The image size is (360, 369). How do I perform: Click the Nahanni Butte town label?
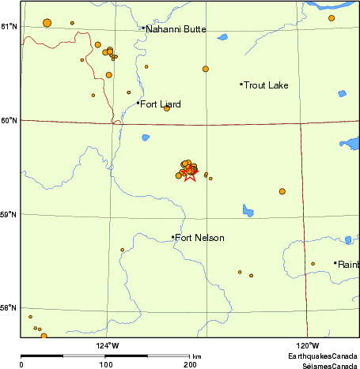point(175,29)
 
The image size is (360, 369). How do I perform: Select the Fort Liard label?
point(160,104)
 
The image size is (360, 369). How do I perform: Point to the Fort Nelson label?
point(199,238)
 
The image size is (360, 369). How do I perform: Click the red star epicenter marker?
point(189,174)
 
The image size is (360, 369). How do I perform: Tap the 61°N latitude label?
point(9,27)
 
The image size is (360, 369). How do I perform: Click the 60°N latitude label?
point(9,120)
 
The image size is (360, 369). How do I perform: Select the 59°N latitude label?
point(9,214)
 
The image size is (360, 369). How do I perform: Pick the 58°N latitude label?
point(9,308)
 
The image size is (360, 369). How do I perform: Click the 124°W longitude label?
point(108,345)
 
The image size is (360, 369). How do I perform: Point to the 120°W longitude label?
point(308,345)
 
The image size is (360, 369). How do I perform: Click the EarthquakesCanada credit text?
point(321,356)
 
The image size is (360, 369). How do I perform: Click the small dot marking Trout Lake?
point(241,85)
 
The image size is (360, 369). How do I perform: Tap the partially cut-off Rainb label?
point(348,264)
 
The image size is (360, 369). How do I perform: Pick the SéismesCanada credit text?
point(324,365)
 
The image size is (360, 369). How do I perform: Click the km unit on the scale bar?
point(196,356)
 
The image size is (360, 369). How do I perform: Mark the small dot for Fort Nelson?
point(173,237)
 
